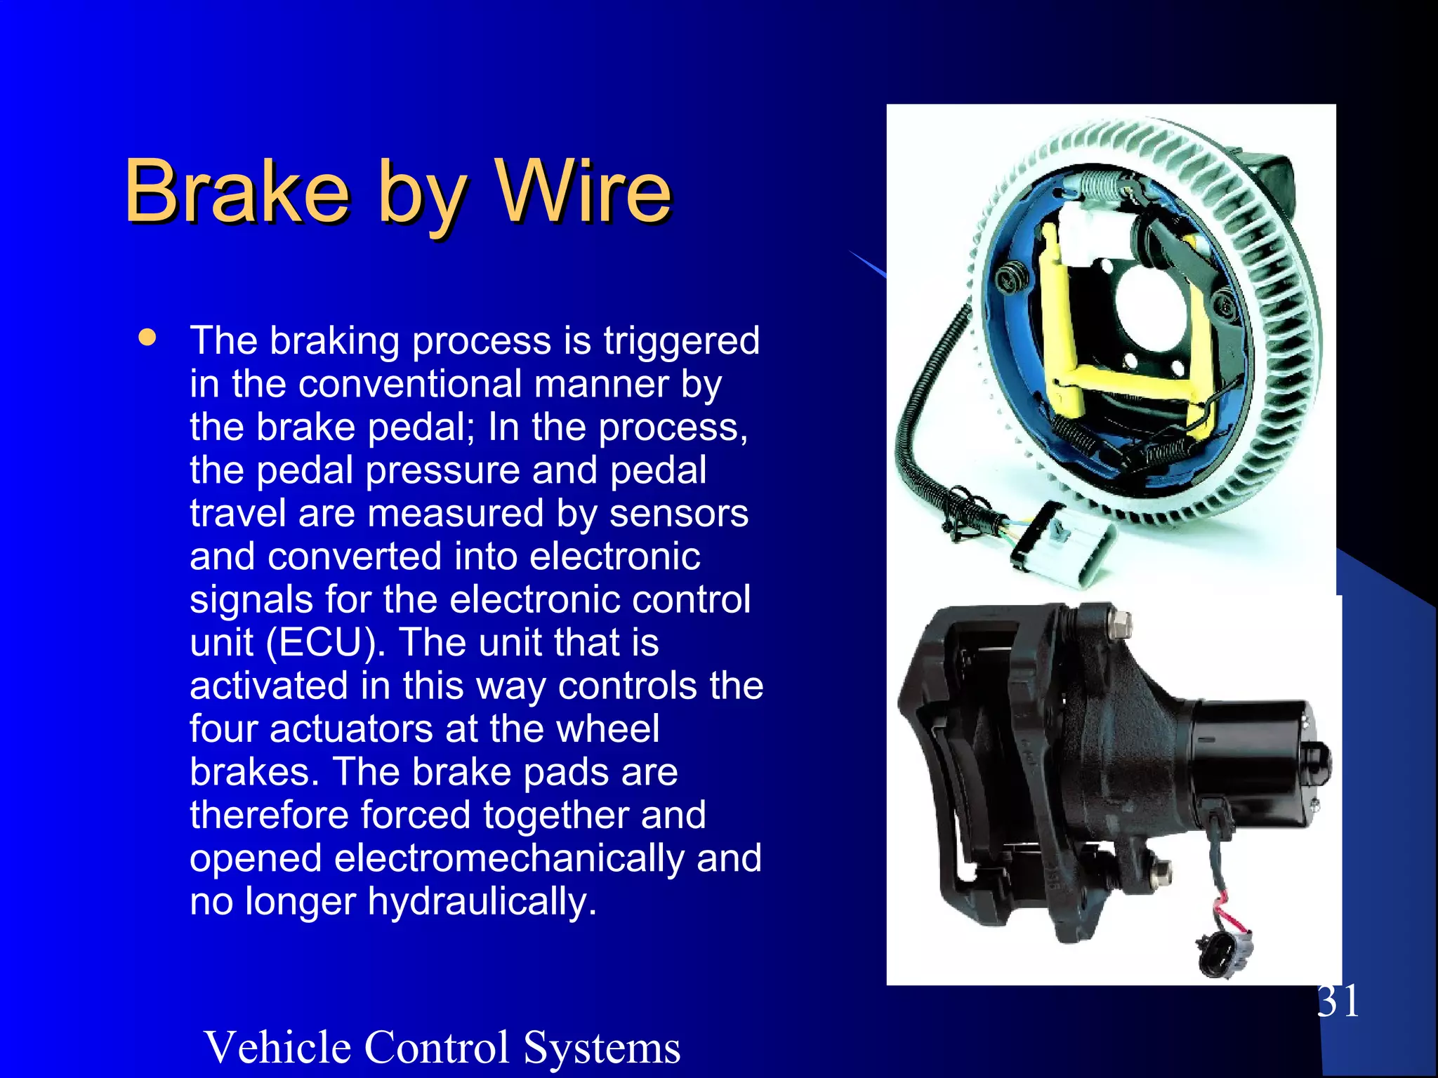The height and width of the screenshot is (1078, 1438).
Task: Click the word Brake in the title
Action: (237, 190)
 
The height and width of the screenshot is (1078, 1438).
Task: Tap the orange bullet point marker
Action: (147, 337)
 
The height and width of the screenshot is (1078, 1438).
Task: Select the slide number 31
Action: (1338, 1001)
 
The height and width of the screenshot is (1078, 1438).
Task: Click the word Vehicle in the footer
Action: (277, 1047)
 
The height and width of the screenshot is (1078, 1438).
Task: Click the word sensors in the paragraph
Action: (678, 513)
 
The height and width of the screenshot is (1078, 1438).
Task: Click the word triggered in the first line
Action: (681, 342)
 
